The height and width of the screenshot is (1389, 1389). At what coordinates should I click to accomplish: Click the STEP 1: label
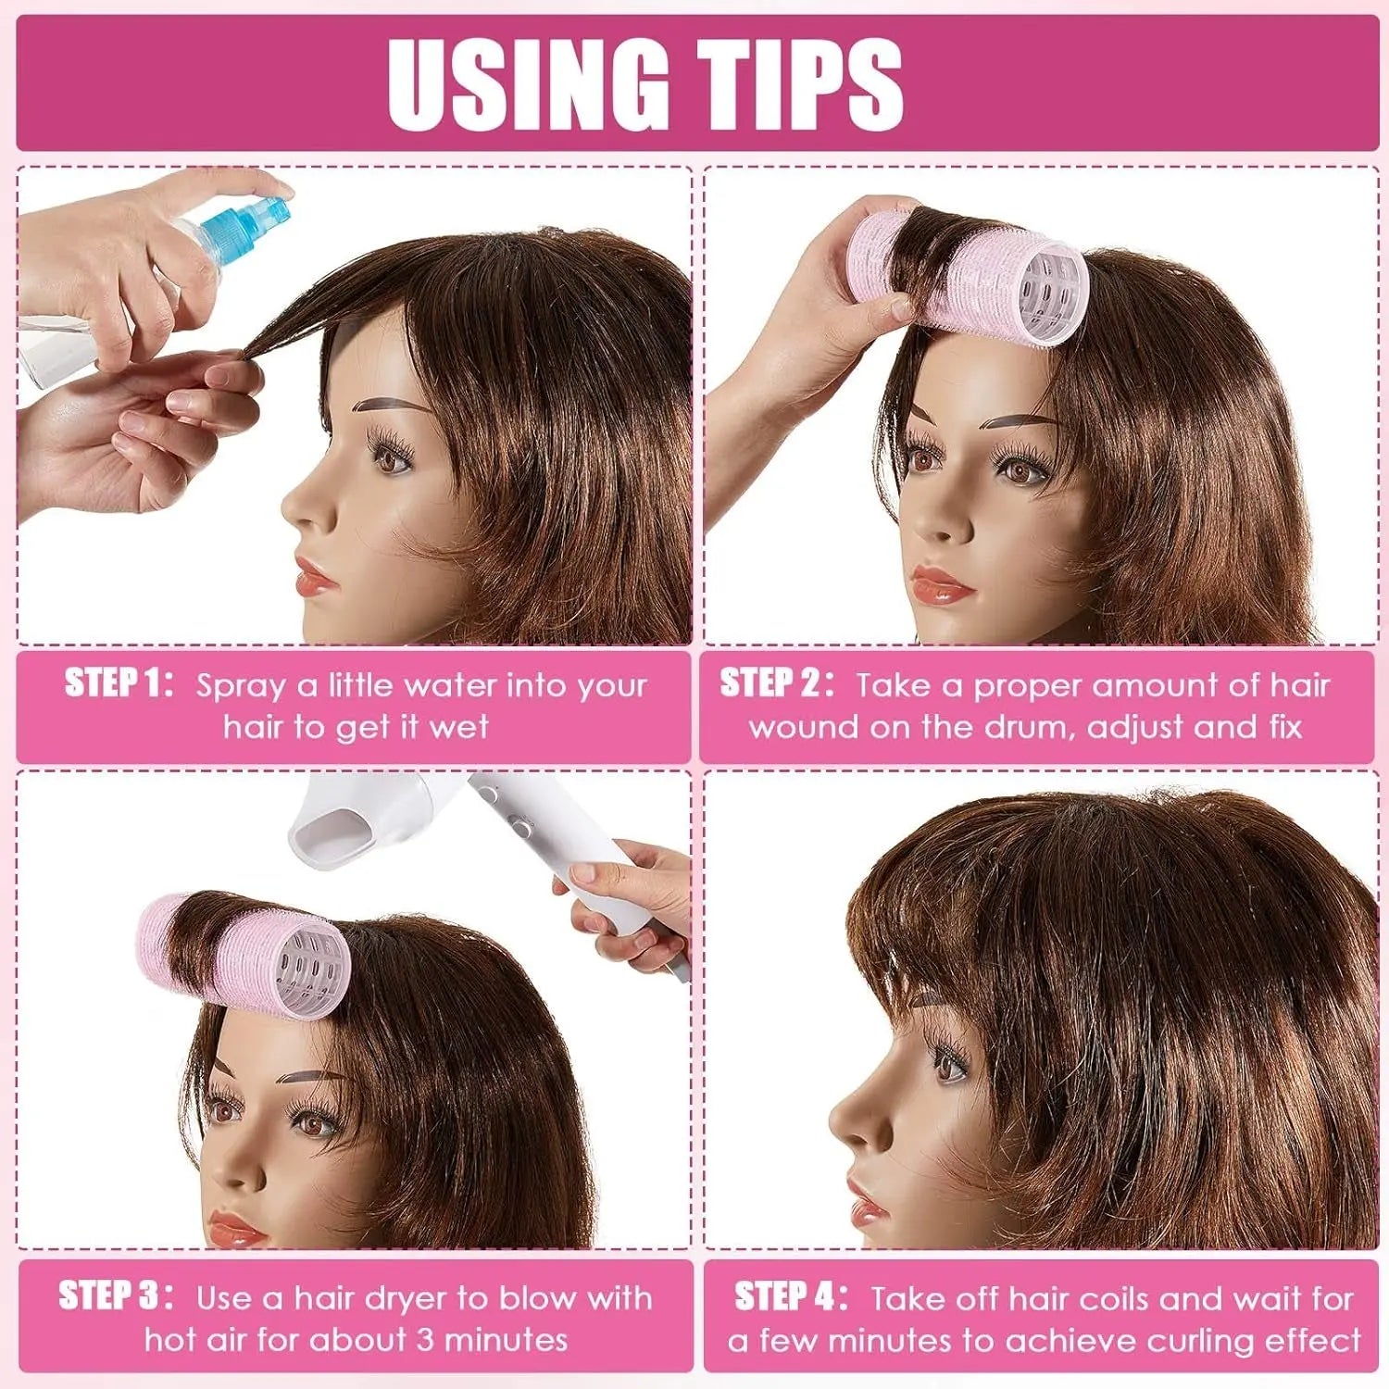click(x=119, y=684)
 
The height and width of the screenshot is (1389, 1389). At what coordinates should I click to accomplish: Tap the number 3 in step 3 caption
click(x=422, y=1340)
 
